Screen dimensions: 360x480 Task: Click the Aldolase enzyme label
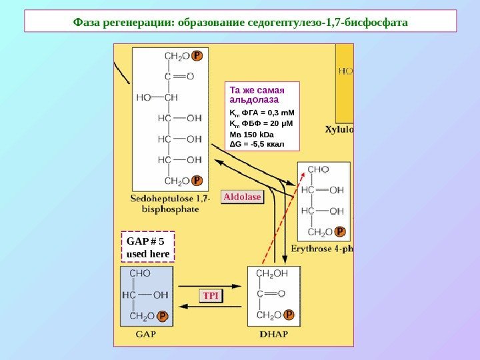click(243, 197)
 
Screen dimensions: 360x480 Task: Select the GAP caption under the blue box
click(145, 335)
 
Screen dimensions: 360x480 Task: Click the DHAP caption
click(274, 335)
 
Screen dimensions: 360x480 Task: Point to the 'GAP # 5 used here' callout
click(148, 247)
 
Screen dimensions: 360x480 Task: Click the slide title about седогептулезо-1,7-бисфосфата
click(240, 21)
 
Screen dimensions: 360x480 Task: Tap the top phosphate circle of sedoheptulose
click(197, 57)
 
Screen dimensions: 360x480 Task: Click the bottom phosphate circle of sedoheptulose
click(197, 181)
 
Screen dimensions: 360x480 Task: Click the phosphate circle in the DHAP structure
click(290, 315)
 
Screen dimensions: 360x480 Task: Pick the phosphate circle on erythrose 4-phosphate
click(340, 232)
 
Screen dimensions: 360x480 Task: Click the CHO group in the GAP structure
click(139, 273)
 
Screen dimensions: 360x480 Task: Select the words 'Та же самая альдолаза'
click(257, 95)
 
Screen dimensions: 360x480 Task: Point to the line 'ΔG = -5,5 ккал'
click(257, 143)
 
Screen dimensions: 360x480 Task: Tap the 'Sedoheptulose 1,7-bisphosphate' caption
click(171, 203)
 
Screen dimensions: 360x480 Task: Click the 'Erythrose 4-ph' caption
click(322, 249)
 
